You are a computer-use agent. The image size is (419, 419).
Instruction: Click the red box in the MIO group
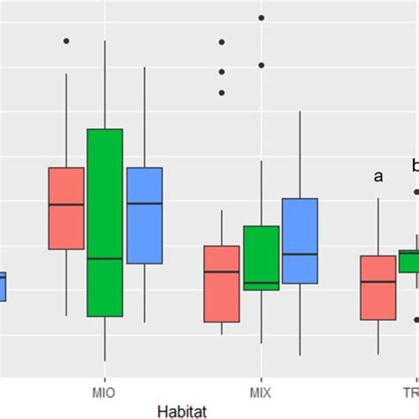point(66,209)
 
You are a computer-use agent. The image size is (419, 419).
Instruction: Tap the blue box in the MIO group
point(144,215)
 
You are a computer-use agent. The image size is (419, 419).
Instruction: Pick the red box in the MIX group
point(221,284)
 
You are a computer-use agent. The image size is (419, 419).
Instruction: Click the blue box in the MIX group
point(300,240)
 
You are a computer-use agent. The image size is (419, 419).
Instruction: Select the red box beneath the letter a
point(377,287)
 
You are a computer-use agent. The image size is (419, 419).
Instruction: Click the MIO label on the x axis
point(103,390)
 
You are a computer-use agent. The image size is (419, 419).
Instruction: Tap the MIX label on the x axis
point(261,390)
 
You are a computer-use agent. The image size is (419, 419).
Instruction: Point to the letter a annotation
point(378,177)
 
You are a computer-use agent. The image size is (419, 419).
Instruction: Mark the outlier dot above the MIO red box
point(66,41)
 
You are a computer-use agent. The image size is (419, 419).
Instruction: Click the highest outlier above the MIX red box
point(222,42)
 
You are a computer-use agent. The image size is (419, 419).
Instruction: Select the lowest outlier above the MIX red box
point(222,92)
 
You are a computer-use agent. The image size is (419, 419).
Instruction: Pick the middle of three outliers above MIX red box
point(222,72)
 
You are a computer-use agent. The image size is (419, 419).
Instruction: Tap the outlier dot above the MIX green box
point(261,65)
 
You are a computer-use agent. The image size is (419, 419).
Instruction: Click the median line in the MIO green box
point(104,259)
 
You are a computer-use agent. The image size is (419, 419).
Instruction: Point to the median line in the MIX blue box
point(300,254)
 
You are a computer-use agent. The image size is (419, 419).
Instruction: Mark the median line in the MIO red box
point(66,204)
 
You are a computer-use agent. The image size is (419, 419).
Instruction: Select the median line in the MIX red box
point(221,271)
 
